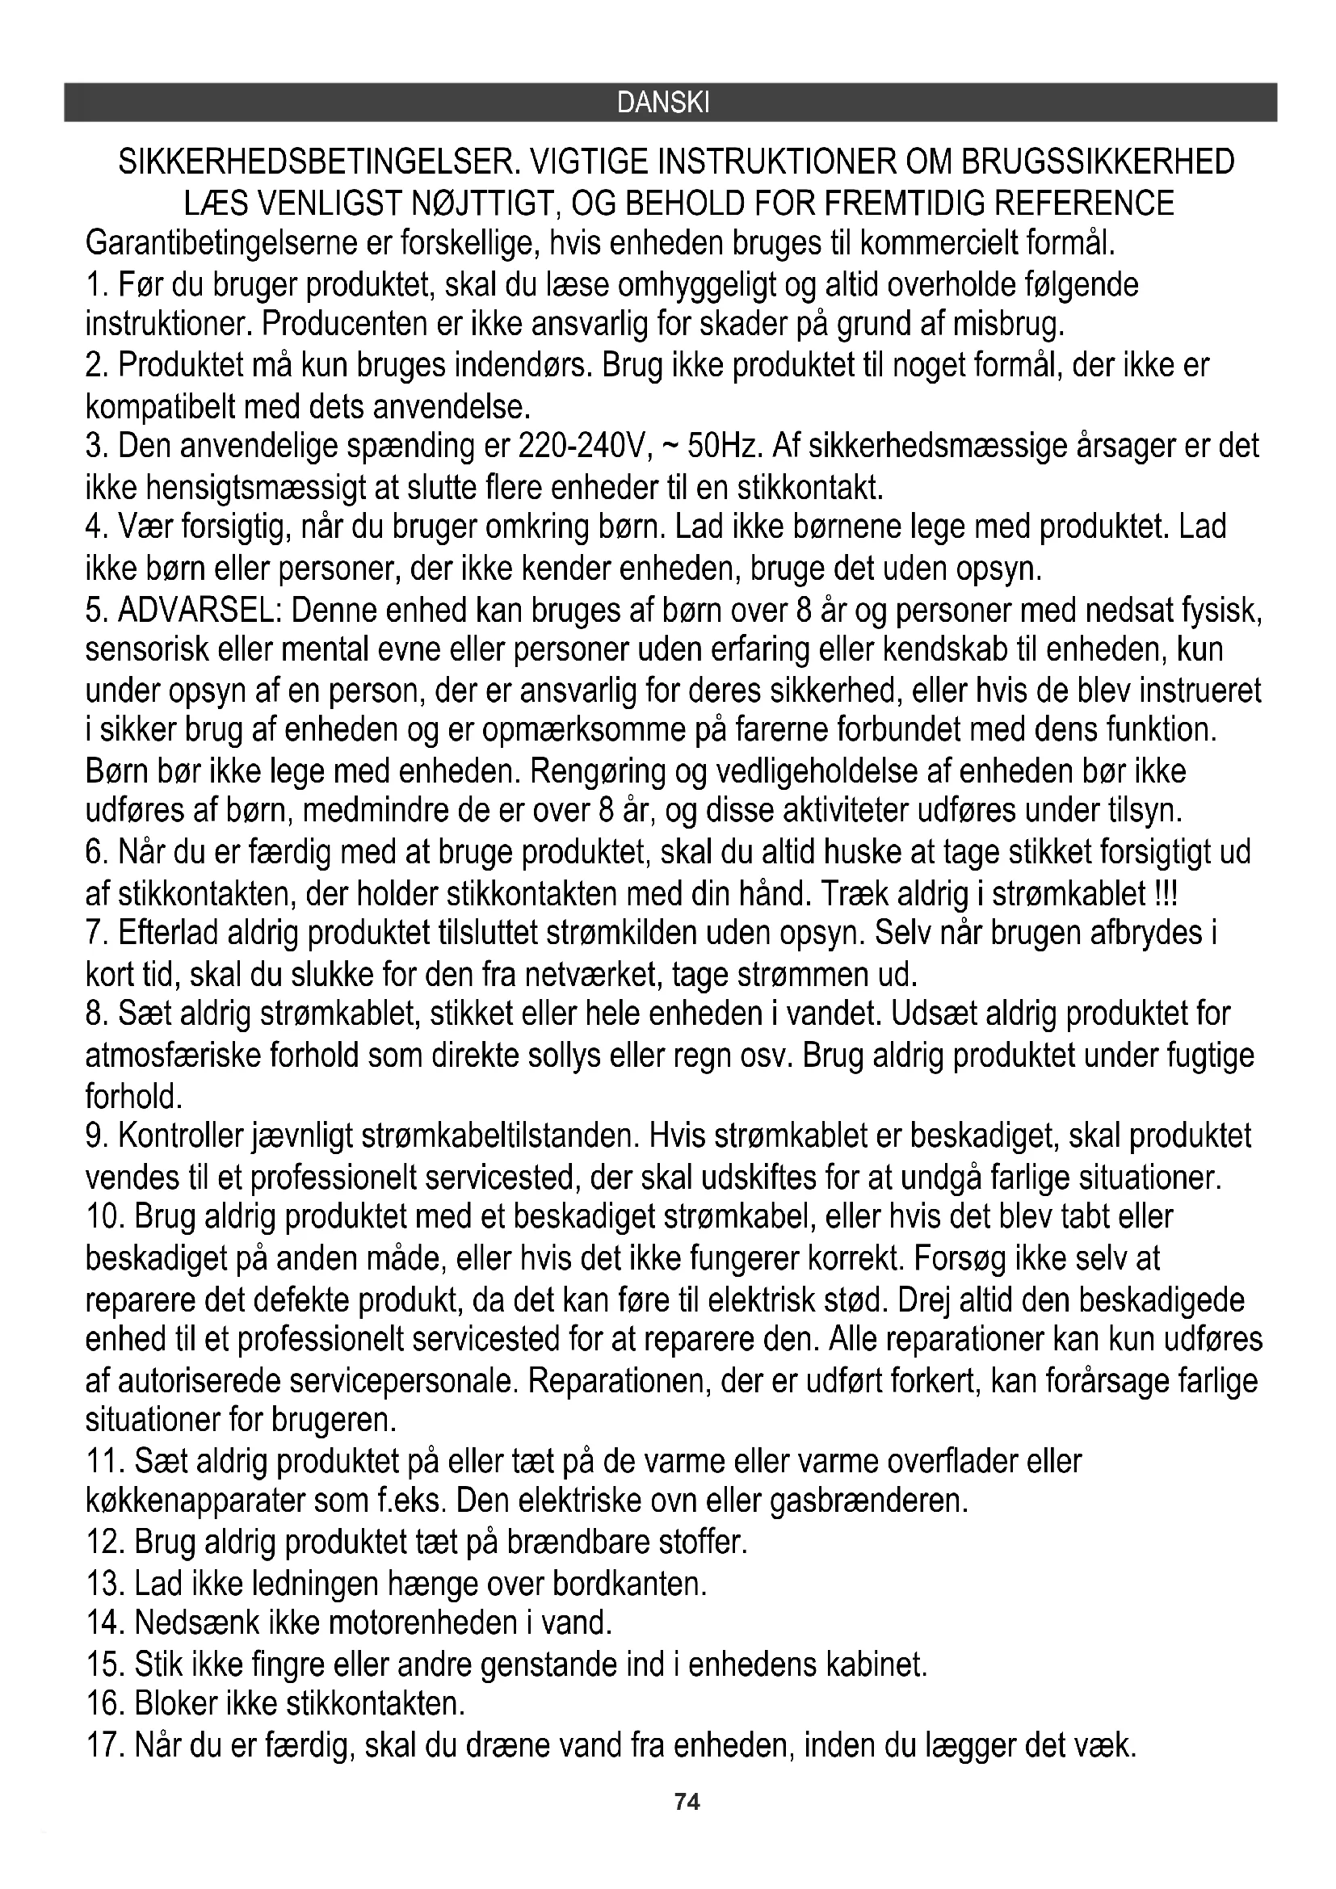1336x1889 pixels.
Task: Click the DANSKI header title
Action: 662,103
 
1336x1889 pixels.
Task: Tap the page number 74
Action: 687,1802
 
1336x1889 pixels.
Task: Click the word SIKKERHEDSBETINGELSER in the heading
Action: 316,162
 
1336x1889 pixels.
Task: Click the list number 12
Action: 103,1542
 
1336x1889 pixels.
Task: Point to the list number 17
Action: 103,1744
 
